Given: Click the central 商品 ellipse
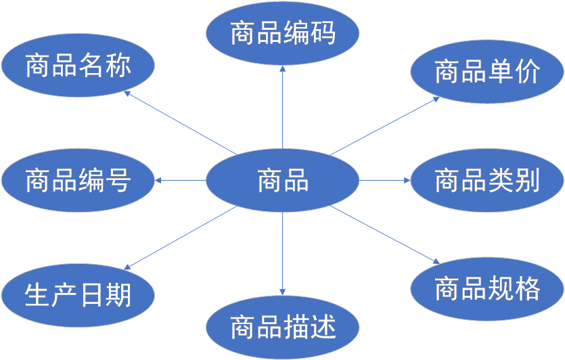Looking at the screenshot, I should [282, 181].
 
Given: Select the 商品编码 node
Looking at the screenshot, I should [282, 32].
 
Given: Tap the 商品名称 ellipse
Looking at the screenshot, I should [78, 66].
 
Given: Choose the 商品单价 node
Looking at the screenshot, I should [487, 72].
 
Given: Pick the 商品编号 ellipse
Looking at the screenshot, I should [78, 181].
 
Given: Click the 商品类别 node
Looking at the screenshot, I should [487, 181].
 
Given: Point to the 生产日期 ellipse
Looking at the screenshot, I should [78, 295].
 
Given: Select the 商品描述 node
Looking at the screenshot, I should [282, 328].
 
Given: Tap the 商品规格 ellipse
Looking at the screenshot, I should [487, 289].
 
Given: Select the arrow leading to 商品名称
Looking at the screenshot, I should [180, 122].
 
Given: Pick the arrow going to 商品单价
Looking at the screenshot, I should [386, 125].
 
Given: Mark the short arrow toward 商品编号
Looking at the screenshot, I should [180, 181].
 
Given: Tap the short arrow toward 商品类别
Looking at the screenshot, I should [384, 181].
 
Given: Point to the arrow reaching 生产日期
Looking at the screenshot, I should [180, 238].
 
